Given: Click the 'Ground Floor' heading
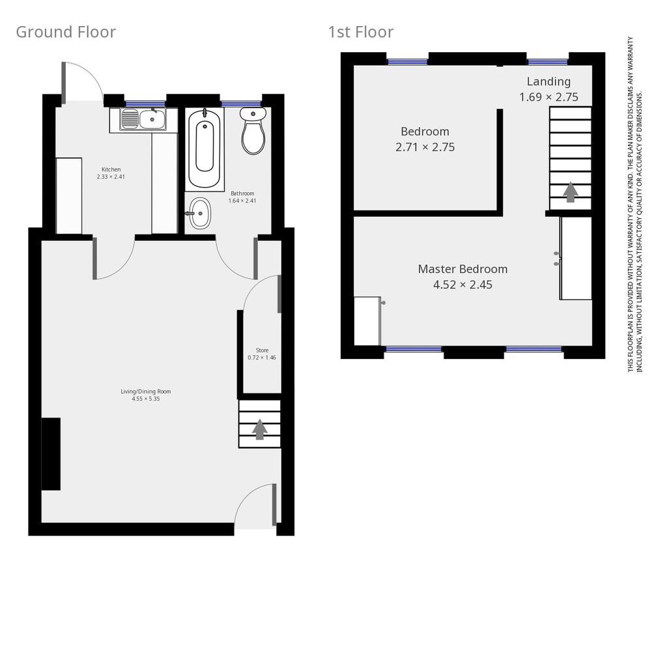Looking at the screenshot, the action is point(66,32).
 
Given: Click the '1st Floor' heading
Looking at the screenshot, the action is point(361,32).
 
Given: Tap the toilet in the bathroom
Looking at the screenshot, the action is point(253,130).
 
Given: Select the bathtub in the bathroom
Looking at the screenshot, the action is point(205,148).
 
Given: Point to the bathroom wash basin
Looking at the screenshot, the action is point(199,213).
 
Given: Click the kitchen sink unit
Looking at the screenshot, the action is point(143,119).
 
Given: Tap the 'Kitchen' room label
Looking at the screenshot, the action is point(111,169).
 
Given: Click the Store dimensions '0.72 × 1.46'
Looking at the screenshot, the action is point(262,358).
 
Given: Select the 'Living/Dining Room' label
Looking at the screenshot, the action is point(146,391).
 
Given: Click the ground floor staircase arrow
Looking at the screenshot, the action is point(260,429).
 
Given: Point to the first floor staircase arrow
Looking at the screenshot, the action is point(571,192).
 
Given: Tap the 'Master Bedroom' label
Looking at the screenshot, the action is point(462,269).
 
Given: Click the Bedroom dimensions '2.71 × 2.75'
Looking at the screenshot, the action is point(425,147).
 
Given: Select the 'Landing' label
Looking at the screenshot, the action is point(548,81).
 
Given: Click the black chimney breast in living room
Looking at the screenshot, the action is point(51,454).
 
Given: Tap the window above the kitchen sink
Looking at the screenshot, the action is point(145,104).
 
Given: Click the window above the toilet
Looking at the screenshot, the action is point(241,104).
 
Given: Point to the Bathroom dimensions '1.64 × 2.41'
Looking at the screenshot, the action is point(242,201).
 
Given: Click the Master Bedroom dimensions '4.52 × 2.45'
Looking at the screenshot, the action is point(463,285).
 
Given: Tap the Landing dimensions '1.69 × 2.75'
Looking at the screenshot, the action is point(548,97).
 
